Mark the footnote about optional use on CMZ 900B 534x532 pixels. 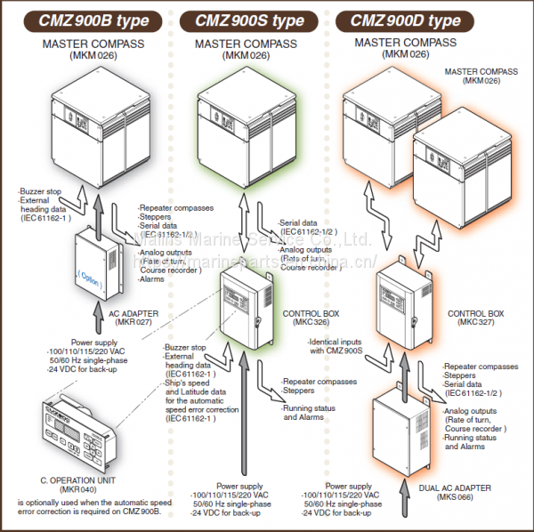tap(88, 508)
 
